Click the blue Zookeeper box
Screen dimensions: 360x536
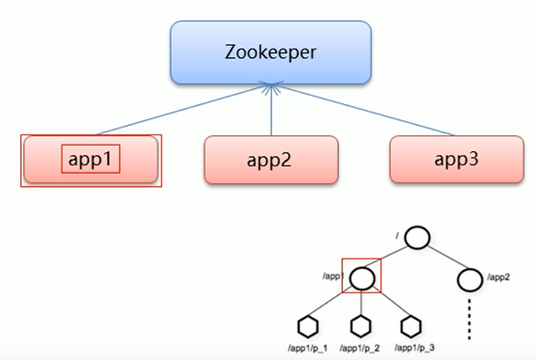[270, 52]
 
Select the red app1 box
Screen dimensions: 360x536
[91, 159]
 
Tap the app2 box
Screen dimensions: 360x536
[270, 159]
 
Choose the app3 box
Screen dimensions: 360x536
[456, 158]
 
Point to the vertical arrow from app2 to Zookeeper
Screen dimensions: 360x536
[271, 109]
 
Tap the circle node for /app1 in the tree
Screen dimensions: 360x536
[362, 275]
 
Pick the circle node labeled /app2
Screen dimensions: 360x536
[471, 276]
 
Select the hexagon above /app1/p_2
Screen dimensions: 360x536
[361, 325]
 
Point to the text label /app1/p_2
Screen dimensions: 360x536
[360, 347]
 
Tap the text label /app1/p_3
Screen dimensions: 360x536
[414, 347]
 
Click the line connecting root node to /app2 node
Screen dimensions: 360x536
[444, 257]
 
